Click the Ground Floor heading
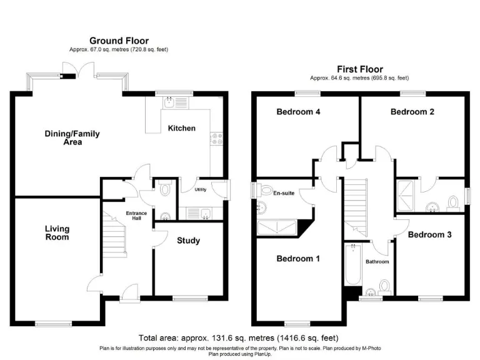tap(119, 41)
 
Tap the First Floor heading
tap(359, 69)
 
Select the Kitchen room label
tap(182, 128)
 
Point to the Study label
tap(188, 241)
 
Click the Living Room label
tap(57, 233)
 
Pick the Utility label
tap(201, 189)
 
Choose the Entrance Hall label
tap(136, 216)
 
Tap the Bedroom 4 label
tap(299, 112)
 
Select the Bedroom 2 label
tap(412, 112)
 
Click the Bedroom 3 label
tap(429, 235)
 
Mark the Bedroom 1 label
tap(299, 259)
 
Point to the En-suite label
tap(283, 194)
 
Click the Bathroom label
tap(377, 262)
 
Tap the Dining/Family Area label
tap(72, 137)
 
